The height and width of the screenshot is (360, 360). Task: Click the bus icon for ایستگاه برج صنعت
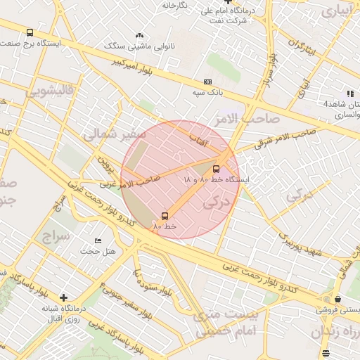click(x=30, y=32)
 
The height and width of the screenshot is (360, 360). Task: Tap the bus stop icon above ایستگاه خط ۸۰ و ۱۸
click(x=216, y=169)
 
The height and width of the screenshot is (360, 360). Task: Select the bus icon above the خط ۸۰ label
click(x=165, y=216)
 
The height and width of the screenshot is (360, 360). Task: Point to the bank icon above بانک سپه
click(x=207, y=82)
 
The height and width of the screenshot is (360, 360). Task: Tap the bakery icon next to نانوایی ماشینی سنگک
click(x=139, y=35)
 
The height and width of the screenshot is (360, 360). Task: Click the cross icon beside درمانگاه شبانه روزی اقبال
click(x=64, y=298)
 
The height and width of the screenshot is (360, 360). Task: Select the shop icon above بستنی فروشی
click(x=338, y=299)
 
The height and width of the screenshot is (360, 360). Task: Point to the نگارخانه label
click(x=175, y=6)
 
